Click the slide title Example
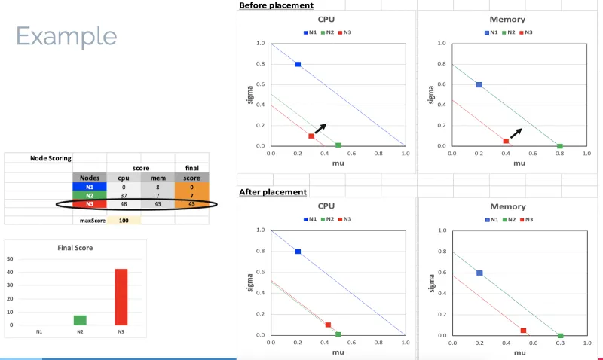[66, 35]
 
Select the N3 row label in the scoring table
[89, 204]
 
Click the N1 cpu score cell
[124, 186]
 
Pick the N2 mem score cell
[158, 195]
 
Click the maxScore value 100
[124, 221]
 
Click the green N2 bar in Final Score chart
[79, 320]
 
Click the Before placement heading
[276, 5]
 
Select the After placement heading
[273, 192]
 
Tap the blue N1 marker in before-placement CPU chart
[298, 65]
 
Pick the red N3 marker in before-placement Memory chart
[506, 141]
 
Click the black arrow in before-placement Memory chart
[516, 133]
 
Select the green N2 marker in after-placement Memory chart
[560, 336]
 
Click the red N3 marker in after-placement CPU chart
[328, 325]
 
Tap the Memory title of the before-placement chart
[508, 20]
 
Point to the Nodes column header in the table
[89, 177]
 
